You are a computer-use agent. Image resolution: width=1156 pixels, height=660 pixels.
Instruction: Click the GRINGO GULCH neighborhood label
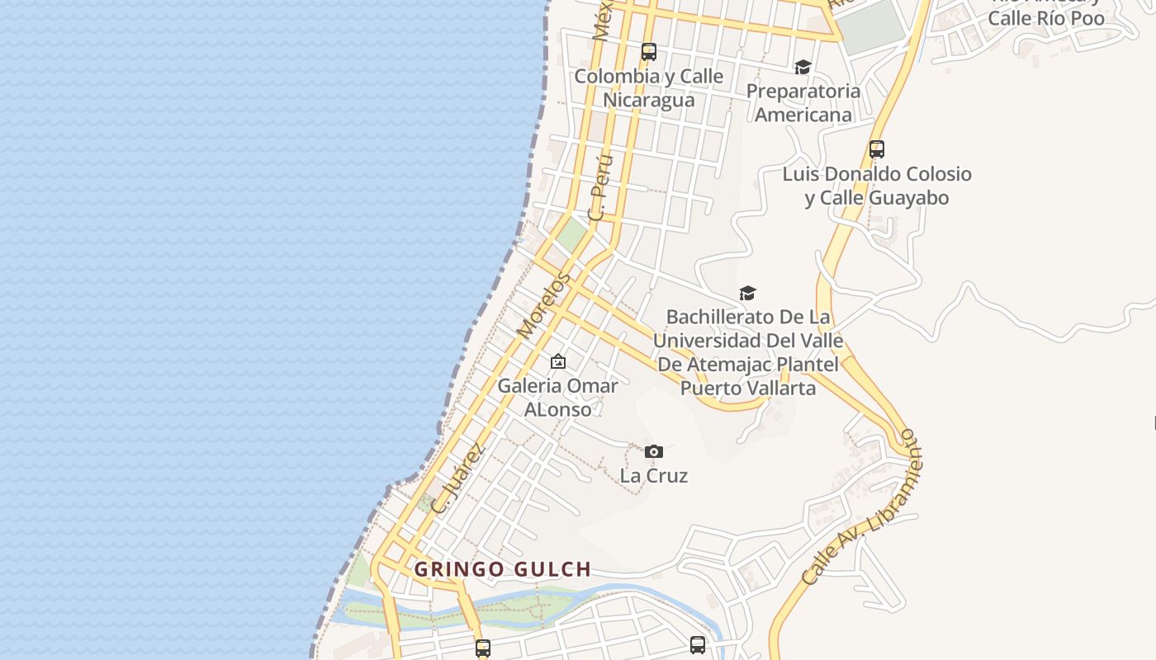(502, 569)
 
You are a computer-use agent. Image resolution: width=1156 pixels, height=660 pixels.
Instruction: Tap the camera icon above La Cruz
(654, 451)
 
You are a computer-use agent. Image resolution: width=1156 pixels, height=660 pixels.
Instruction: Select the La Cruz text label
(654, 476)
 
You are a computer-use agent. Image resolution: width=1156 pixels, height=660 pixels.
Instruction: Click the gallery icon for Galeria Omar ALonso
(558, 361)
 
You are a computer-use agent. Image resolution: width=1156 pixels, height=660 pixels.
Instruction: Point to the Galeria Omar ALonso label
(557, 397)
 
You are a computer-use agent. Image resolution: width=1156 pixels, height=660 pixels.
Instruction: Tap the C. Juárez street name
(457, 478)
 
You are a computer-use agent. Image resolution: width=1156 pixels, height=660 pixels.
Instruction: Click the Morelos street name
(543, 306)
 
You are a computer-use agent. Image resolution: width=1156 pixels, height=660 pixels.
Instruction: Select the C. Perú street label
(600, 186)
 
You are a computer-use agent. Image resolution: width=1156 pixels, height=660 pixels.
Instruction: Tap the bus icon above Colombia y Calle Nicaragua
(649, 52)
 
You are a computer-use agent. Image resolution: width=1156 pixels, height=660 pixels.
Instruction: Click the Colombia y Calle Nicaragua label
(648, 88)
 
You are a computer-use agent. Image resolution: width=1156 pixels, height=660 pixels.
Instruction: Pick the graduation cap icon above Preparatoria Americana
(803, 67)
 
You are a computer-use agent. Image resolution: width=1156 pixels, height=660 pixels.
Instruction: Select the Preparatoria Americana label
(803, 102)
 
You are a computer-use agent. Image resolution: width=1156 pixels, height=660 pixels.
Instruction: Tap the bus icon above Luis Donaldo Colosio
(877, 149)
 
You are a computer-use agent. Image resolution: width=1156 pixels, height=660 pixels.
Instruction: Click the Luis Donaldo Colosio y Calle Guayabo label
(877, 186)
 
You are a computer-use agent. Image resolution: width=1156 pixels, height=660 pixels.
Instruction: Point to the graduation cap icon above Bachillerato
(748, 293)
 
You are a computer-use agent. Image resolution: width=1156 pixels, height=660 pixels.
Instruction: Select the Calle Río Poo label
(1045, 18)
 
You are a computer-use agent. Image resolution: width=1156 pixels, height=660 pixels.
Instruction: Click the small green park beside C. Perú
(571, 235)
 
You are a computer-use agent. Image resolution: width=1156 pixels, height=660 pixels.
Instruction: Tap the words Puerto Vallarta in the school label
(748, 388)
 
